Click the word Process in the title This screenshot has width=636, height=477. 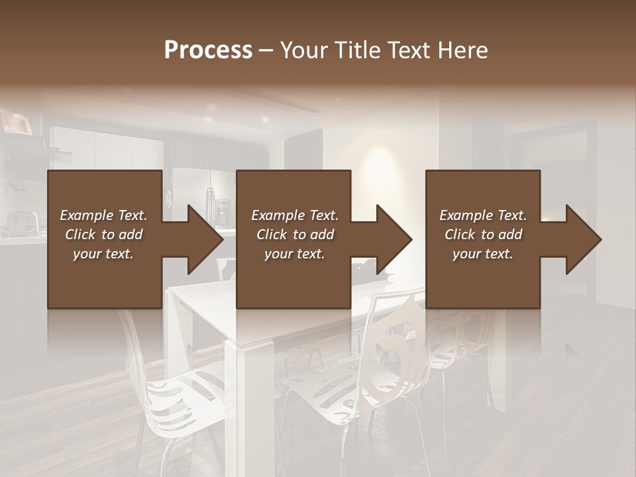pyautogui.click(x=208, y=50)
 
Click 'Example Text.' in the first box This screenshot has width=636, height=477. pyautogui.click(x=103, y=215)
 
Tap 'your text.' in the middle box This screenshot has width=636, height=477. pyautogui.click(x=294, y=254)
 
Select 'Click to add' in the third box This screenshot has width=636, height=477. pyautogui.click(x=483, y=235)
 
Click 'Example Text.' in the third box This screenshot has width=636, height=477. pyautogui.click(x=483, y=215)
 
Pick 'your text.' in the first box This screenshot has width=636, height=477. pyautogui.click(x=103, y=254)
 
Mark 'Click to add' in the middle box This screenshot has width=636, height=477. pyautogui.click(x=294, y=235)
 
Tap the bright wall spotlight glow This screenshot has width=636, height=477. pyautogui.click(x=384, y=159)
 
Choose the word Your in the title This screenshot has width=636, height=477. pyautogui.click(x=301, y=50)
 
